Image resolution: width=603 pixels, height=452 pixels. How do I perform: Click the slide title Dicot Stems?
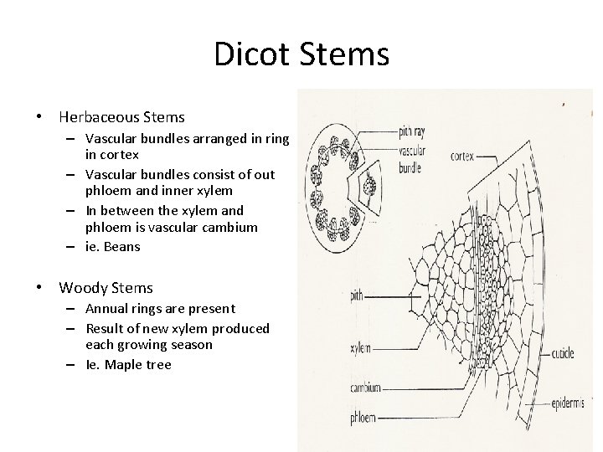pos(301,54)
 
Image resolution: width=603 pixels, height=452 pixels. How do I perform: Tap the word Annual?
pos(107,309)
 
